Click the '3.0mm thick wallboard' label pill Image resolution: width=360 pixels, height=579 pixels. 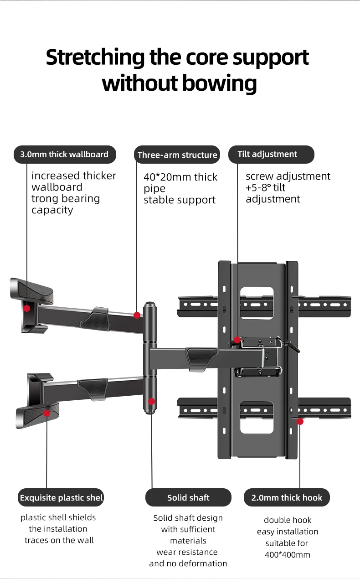65,154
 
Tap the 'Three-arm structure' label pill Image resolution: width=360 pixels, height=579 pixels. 177,155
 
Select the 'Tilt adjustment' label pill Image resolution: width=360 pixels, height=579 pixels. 271,154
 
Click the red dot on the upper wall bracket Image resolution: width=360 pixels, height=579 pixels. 26,308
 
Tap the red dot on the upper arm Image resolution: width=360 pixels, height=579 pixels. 137,315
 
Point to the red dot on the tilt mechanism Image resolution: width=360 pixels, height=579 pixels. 237,340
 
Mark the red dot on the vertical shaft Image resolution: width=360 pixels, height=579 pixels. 151,401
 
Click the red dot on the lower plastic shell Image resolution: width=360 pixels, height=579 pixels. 47,413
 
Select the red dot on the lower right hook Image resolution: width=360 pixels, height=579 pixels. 300,422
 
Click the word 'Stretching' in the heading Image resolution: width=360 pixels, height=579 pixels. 95,57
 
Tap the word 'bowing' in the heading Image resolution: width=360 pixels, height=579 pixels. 220,83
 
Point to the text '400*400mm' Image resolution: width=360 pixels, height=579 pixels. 288,555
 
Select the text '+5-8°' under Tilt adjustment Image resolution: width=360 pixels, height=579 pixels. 258,188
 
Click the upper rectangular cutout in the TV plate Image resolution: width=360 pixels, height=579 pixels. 257,303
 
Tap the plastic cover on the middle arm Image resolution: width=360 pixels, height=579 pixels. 202,360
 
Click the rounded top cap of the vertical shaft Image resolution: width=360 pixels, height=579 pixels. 150,305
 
